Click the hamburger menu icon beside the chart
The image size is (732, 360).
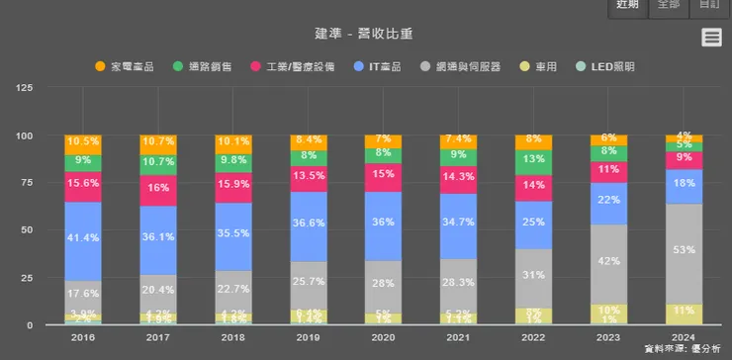click(x=710, y=38)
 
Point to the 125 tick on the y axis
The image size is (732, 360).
click(x=26, y=88)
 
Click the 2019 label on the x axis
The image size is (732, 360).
click(x=309, y=336)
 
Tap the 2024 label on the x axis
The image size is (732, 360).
click(x=684, y=336)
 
